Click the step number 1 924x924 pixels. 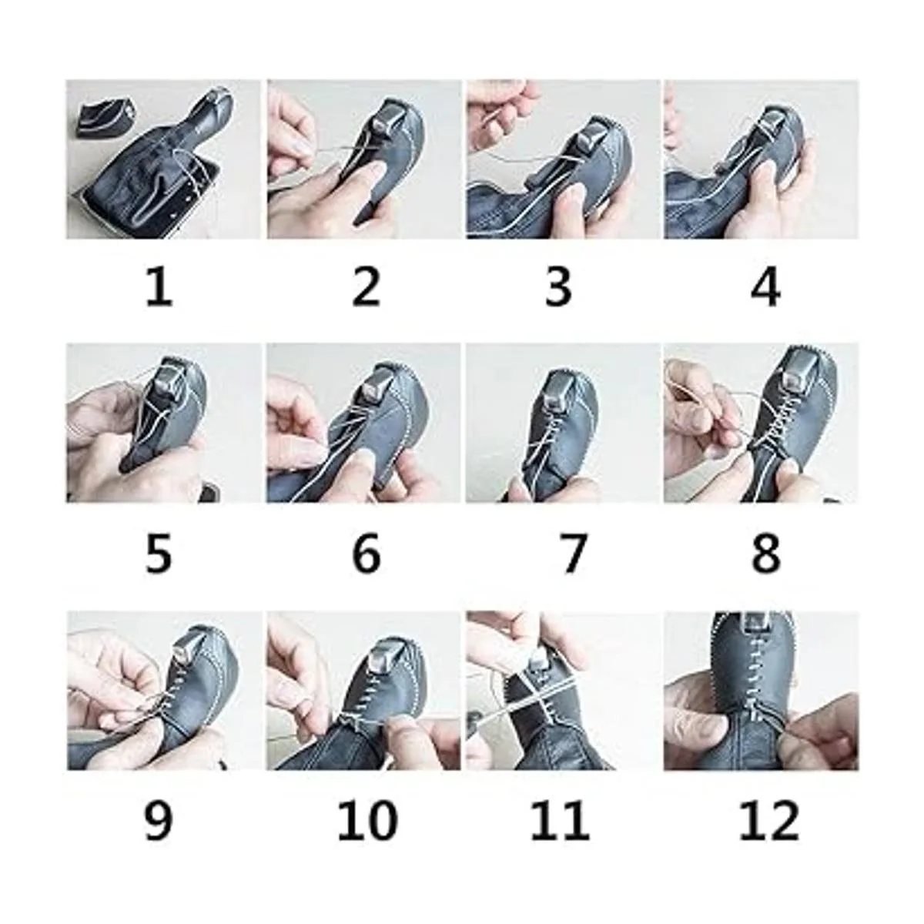(159, 288)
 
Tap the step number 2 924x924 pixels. (366, 288)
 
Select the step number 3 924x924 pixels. (559, 288)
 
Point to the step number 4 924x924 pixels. (765, 288)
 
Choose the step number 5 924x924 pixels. (159, 554)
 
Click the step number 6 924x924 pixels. (367, 554)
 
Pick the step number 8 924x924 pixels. (765, 554)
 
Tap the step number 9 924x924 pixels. (159, 822)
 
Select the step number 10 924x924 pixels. (368, 822)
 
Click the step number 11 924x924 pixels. (560, 822)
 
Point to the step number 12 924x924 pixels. (769, 822)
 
